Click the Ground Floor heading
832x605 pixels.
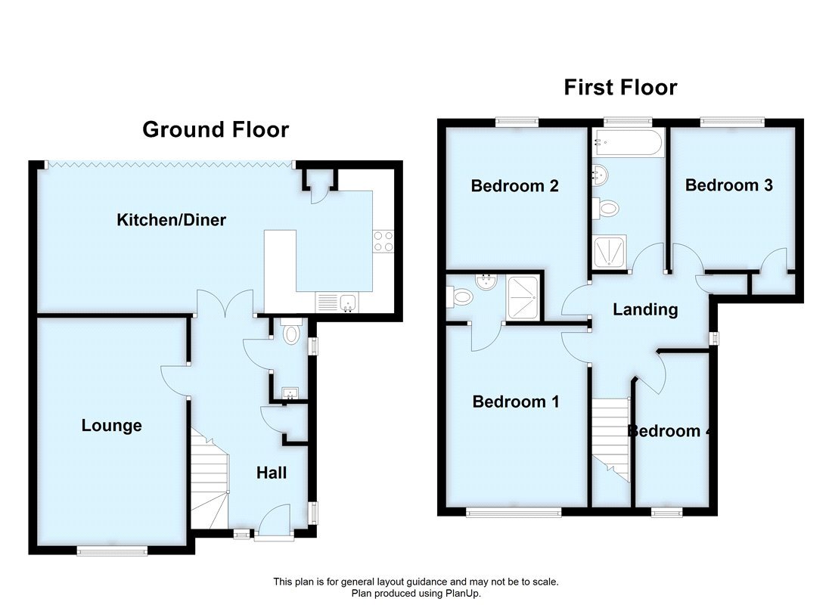[x=216, y=129]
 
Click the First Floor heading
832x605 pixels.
[x=620, y=87]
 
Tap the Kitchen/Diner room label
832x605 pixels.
[x=171, y=220]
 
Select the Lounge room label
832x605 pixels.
[x=112, y=426]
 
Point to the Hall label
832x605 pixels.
[x=271, y=473]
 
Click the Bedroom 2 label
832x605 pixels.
[x=514, y=185]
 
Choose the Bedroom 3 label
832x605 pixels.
[x=728, y=185]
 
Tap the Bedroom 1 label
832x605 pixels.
[x=516, y=402]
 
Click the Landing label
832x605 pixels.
[x=644, y=309]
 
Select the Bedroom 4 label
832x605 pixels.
[x=669, y=431]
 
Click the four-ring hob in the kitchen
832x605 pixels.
[x=383, y=240]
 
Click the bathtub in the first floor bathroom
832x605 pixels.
[x=629, y=142]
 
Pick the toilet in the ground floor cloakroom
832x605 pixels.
[x=290, y=331]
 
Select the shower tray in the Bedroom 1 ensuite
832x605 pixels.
[x=524, y=297]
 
